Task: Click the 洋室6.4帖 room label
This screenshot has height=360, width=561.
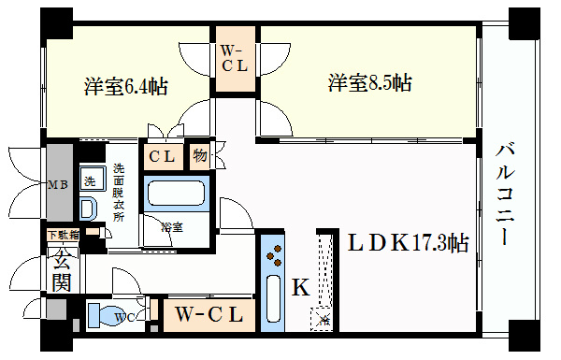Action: pyautogui.click(x=125, y=88)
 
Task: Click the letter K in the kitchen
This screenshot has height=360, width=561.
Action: pyautogui.click(x=301, y=288)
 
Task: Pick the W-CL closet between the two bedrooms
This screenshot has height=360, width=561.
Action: pyautogui.click(x=233, y=60)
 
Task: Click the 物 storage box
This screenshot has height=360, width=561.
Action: pyautogui.click(x=200, y=156)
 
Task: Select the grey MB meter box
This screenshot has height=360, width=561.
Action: pyautogui.click(x=58, y=183)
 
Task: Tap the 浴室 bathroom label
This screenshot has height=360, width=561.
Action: pyautogui.click(x=171, y=227)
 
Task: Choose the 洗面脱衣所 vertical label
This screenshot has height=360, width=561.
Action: pyautogui.click(x=119, y=192)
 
